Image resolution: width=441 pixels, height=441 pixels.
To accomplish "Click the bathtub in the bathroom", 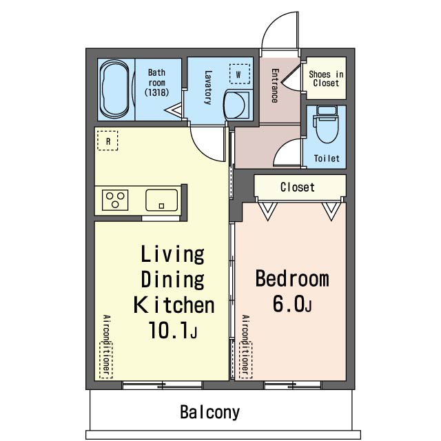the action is tap(115, 90).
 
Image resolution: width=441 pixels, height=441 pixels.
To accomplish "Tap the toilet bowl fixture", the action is tap(326, 124).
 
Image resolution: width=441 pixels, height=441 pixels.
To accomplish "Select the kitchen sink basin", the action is tap(161, 200).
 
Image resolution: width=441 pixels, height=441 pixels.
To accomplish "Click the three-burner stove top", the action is tap(115, 200).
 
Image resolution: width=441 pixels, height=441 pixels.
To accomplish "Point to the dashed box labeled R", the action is tap(107, 141).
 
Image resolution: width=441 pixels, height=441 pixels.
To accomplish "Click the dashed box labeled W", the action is tap(239, 74).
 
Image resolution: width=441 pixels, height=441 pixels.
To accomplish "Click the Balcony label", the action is tap(209, 412).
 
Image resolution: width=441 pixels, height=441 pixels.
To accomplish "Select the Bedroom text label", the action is tap(292, 278).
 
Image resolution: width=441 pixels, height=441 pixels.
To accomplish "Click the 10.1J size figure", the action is tap(173, 330).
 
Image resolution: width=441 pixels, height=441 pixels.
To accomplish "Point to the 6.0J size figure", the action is tap(292, 304).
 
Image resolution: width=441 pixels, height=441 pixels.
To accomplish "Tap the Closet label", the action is tap(298, 187).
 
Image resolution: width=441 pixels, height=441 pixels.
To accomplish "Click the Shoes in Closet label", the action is tap(326, 79).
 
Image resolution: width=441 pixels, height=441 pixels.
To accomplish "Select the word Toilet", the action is tap(327, 158).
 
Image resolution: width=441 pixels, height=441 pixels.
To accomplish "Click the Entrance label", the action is tap(275, 85).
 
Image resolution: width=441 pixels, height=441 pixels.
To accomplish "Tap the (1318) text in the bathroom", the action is tap(156, 92).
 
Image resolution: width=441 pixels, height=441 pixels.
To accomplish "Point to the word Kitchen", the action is tap(174, 305).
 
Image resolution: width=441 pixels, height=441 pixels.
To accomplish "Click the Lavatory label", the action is tap(208, 88).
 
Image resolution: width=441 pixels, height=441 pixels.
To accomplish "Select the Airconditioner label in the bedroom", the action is tap(245, 347).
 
